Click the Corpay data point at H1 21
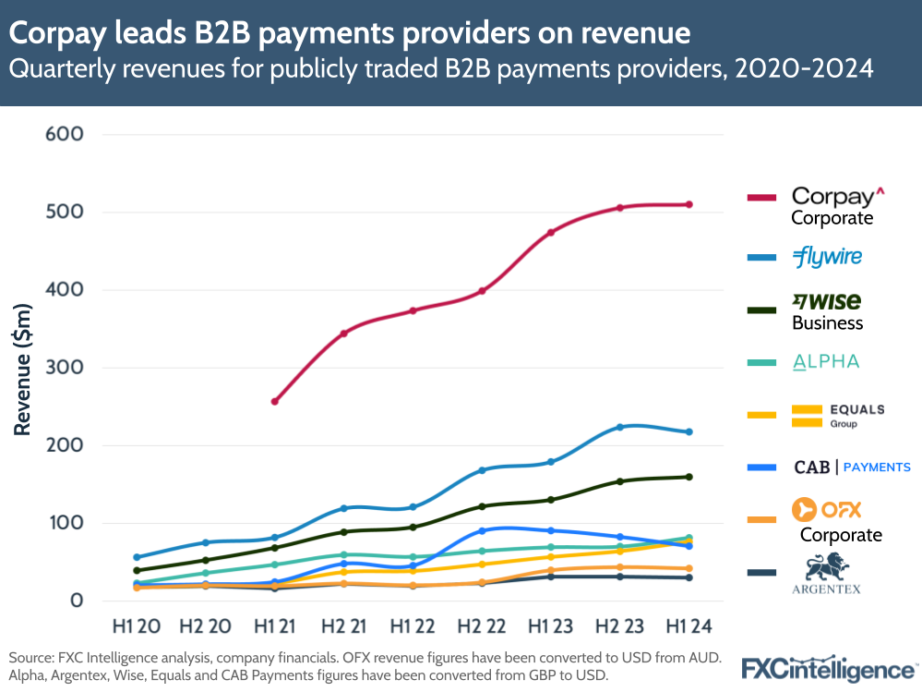(275, 402)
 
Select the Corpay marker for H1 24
(689, 204)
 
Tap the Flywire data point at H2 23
(620, 427)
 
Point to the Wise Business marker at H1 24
(689, 477)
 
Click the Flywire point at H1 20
(137, 557)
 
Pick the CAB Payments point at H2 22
(482, 531)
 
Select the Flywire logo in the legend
(827, 257)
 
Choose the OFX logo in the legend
(827, 508)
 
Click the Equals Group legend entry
(838, 415)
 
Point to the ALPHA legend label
(826, 362)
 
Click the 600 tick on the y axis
(64, 134)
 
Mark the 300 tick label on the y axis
(64, 368)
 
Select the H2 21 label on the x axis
(343, 626)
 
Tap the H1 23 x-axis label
(551, 626)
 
